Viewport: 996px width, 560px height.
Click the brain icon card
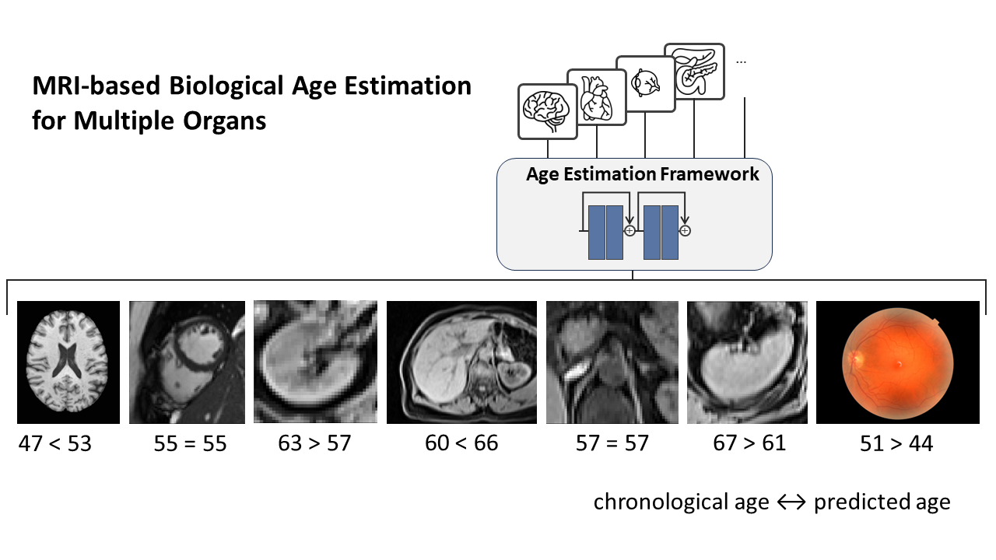point(547,111)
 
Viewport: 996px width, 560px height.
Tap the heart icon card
point(597,97)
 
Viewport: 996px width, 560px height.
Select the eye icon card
point(646,83)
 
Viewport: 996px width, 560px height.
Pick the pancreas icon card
point(694,72)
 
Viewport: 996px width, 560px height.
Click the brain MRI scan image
point(68,362)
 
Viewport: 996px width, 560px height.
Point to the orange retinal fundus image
point(898,362)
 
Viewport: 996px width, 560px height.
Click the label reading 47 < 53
point(54,443)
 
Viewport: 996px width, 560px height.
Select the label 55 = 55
point(191,443)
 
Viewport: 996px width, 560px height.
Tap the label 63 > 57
point(314,443)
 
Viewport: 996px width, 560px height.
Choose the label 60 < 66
point(461,443)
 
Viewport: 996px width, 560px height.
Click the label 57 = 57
point(612,443)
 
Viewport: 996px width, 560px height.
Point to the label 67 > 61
point(749,443)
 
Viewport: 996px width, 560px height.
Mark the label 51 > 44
point(896,443)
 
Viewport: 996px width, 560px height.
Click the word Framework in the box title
point(710,173)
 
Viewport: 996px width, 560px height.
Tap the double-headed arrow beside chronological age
point(791,502)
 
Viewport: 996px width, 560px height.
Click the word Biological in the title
point(226,86)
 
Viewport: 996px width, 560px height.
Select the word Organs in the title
point(225,121)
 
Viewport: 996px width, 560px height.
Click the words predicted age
point(882,502)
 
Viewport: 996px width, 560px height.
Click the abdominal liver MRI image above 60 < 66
point(461,362)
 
